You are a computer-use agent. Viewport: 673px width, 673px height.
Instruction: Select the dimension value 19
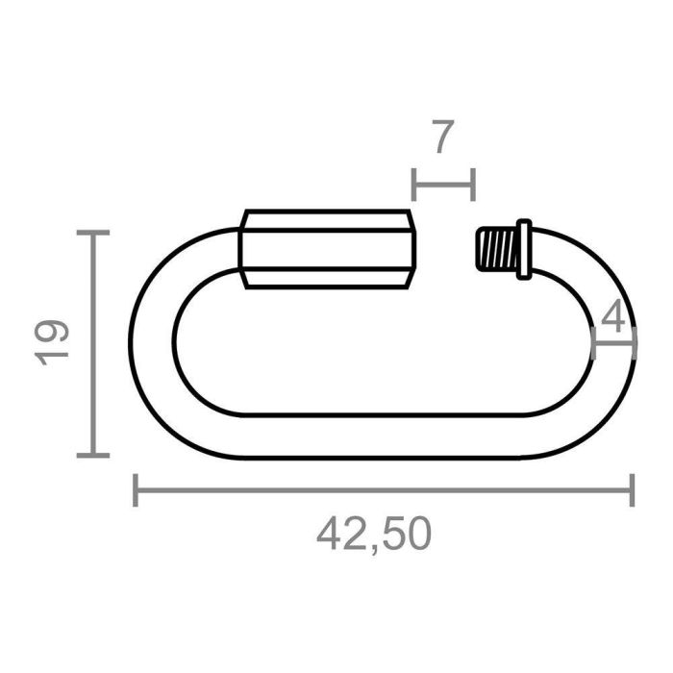54,342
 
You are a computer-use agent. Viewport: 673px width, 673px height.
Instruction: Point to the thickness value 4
615,317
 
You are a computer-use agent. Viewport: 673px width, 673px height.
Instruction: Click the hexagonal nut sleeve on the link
329,250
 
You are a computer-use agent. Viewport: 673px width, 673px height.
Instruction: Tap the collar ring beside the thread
523,249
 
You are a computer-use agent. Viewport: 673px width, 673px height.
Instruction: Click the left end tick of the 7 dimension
413,183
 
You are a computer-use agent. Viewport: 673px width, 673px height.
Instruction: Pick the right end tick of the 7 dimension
473,183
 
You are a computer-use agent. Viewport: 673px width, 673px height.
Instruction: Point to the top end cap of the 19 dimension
93,233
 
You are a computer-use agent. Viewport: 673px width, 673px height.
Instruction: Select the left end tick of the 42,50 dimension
136,490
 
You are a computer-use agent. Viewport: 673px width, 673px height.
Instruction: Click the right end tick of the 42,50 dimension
632,490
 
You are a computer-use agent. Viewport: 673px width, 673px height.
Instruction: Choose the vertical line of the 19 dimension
93,343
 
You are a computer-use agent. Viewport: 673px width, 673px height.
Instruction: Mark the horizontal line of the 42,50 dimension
385,490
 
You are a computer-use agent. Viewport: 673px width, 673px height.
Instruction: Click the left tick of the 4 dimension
594,343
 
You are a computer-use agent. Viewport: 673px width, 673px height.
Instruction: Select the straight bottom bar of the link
385,436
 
